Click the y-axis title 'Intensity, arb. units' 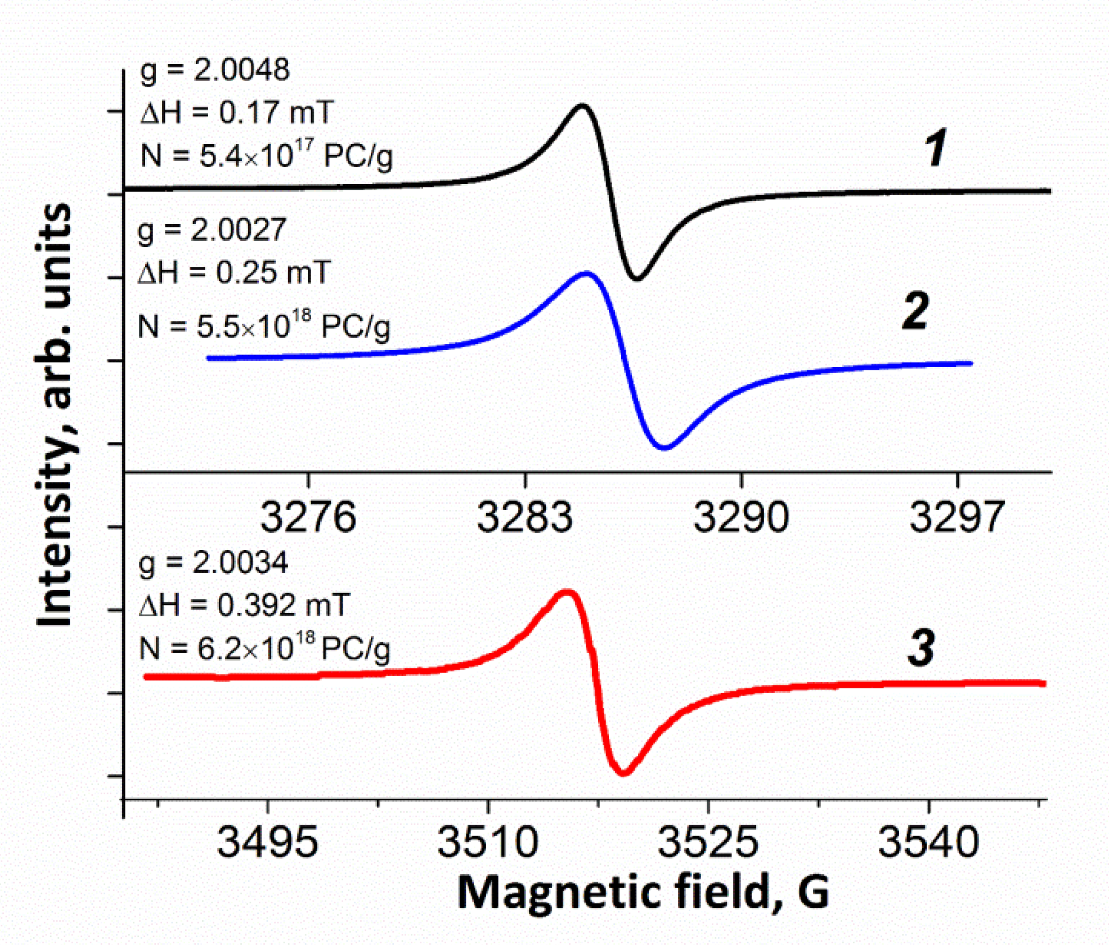(55, 415)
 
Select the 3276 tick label (308, 517)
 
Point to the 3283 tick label (524, 517)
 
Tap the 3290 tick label (740, 517)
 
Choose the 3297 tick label (957, 517)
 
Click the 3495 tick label (267, 843)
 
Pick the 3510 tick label (488, 843)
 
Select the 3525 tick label (708, 843)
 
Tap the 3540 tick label (928, 843)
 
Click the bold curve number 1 (935, 149)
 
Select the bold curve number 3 (921, 648)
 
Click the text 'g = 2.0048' (214, 70)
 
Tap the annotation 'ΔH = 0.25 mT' (234, 273)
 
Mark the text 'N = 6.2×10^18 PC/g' (264, 648)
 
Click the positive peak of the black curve (582, 105)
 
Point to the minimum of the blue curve (664, 448)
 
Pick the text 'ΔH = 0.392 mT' (244, 606)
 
